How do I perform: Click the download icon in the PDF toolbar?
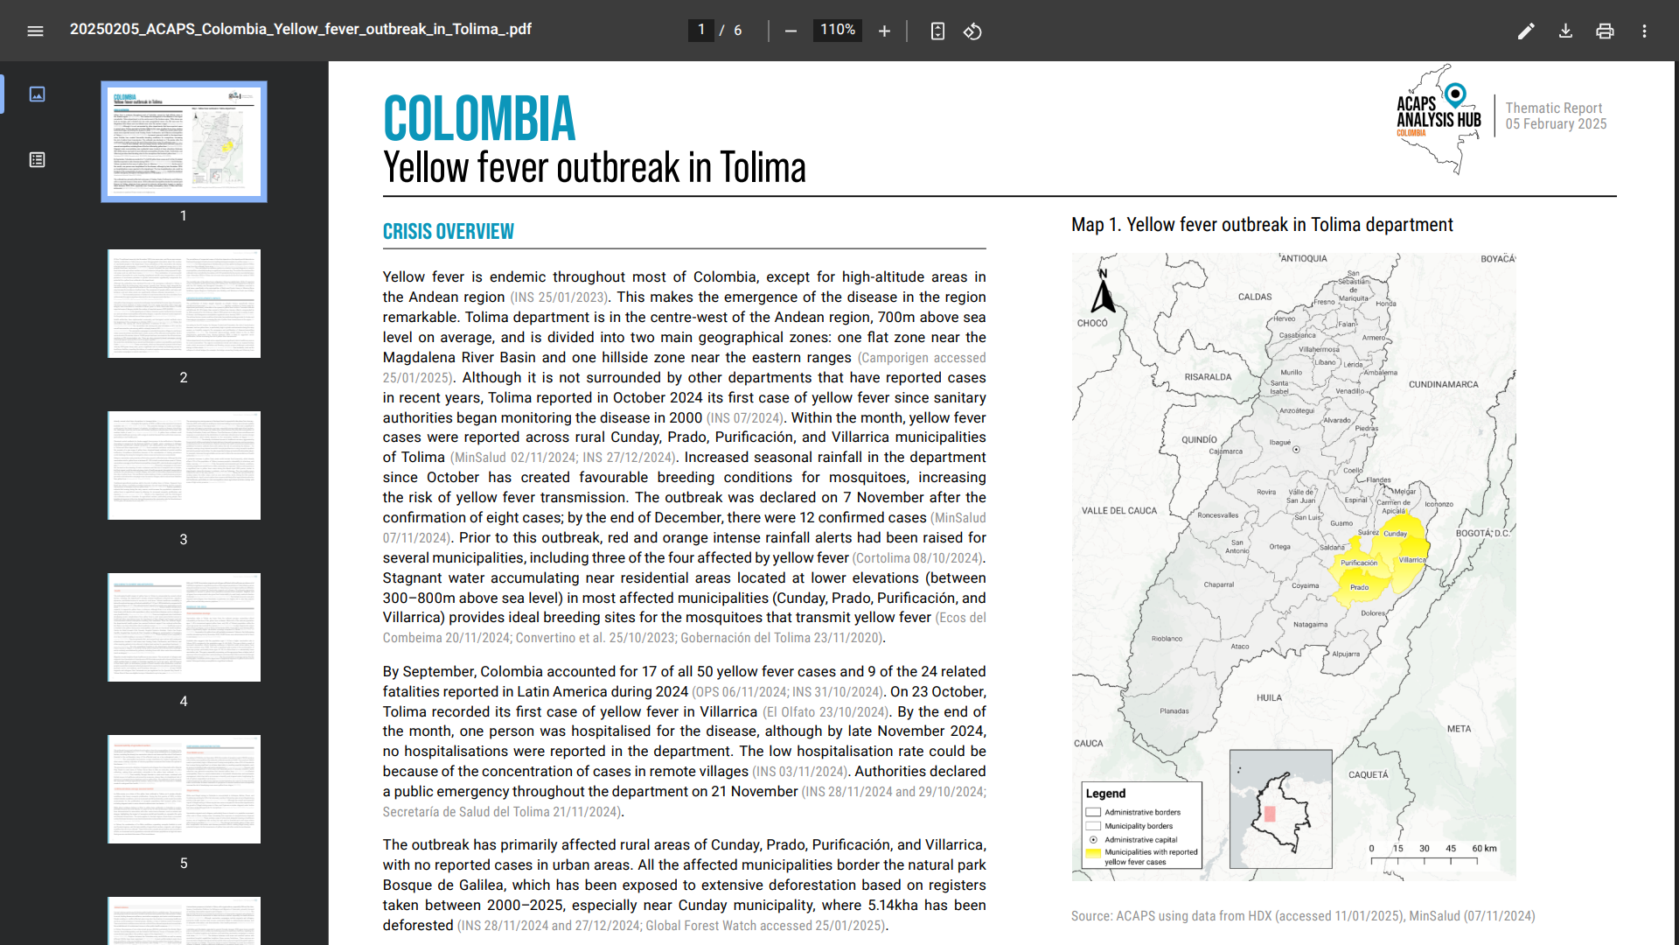tap(1565, 31)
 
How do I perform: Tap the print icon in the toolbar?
tap(1605, 31)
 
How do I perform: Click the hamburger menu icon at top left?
tap(35, 31)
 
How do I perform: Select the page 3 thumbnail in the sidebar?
tap(184, 465)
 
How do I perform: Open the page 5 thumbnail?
tap(184, 789)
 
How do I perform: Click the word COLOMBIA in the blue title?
tap(479, 119)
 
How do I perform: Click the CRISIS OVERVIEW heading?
tap(448, 232)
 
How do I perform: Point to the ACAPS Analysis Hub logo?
tap(1439, 119)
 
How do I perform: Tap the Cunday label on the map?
tap(1396, 533)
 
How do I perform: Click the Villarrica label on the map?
tap(1411, 560)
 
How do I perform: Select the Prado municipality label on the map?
tap(1359, 587)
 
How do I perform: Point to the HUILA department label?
tap(1269, 698)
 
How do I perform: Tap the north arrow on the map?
tap(1104, 294)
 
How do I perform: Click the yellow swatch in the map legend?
tap(1093, 852)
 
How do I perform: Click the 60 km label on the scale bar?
tap(1484, 848)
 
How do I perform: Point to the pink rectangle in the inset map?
tap(1270, 814)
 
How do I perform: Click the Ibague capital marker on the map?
tap(1296, 450)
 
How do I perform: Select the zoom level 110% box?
tap(837, 31)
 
